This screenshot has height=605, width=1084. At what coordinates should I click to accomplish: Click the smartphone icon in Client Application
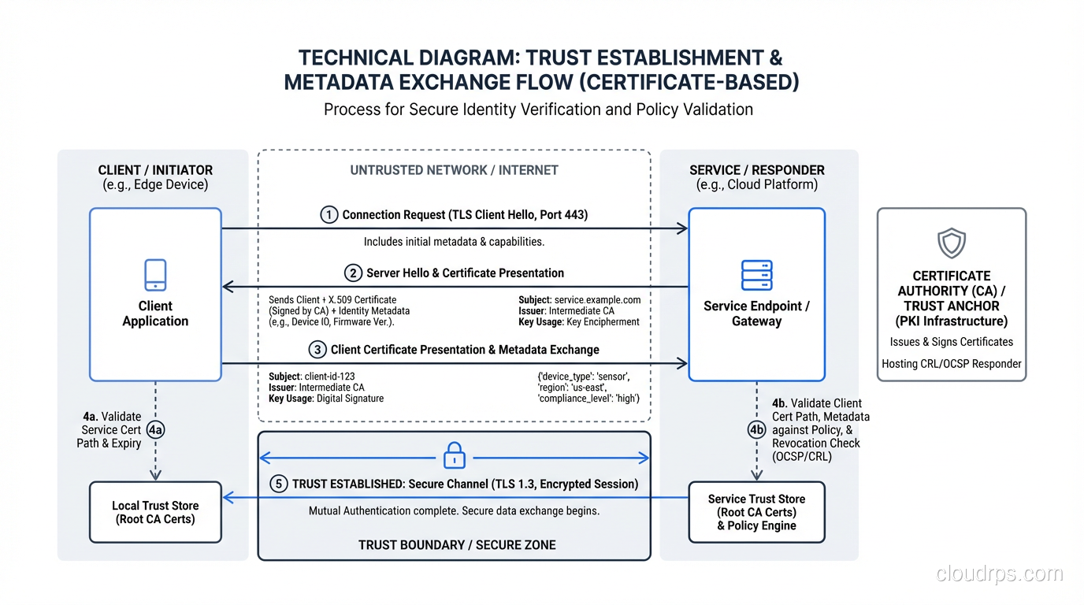click(155, 275)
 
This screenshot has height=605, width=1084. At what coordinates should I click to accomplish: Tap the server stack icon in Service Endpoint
click(757, 276)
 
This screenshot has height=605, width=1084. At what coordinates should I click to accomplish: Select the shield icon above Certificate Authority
click(951, 244)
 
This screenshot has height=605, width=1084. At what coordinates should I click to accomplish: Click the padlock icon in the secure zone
click(455, 455)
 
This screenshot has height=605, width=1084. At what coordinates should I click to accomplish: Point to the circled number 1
click(329, 215)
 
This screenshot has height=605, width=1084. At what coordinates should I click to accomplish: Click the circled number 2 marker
click(353, 273)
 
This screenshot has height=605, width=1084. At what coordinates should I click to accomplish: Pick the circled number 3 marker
click(317, 350)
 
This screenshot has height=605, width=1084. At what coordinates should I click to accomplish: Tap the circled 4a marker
click(156, 429)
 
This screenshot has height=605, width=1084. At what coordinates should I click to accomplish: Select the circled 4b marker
click(756, 429)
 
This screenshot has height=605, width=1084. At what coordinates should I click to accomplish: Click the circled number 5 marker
click(278, 484)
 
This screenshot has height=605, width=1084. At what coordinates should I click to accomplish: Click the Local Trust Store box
click(155, 512)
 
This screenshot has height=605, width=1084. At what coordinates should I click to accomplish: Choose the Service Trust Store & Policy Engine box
click(756, 512)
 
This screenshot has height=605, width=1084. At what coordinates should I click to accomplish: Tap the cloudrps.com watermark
click(999, 573)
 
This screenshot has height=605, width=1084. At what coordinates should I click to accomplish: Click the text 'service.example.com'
click(597, 300)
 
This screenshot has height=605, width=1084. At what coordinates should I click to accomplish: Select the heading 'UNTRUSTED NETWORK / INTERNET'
click(454, 170)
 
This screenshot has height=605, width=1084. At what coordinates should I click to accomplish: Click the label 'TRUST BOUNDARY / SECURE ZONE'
click(457, 545)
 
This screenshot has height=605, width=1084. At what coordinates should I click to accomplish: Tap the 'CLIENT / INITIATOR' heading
click(155, 170)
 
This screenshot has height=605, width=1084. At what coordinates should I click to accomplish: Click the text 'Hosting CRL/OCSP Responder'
click(951, 364)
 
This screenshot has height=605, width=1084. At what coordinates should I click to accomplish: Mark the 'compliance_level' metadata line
click(588, 399)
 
